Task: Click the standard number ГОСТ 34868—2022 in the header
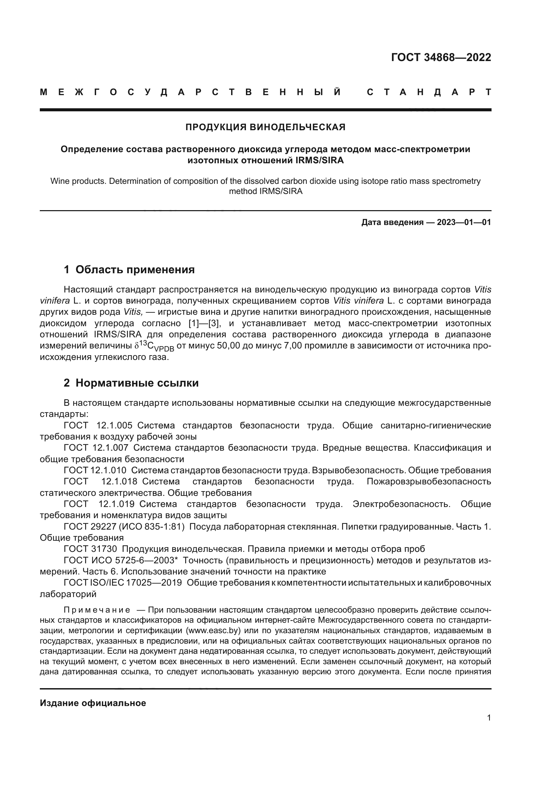coord(441,57)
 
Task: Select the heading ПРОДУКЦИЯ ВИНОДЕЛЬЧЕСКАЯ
coord(265,127)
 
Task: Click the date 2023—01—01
coord(464,222)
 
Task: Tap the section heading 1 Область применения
coord(129,270)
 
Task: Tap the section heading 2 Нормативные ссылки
coord(131,383)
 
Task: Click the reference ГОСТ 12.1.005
coord(98,425)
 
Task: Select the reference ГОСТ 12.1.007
coord(96,448)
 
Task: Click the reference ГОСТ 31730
coord(90,549)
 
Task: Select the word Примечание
coord(97,610)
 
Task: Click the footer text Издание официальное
coord(93,703)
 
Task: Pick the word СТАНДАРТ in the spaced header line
coord(429,92)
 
